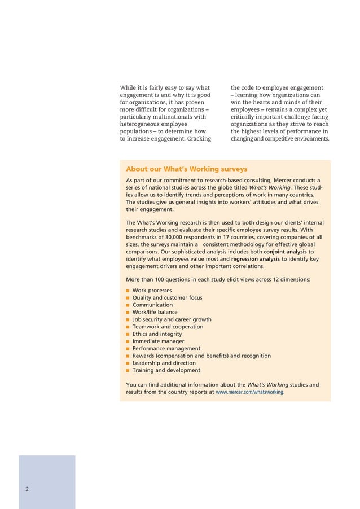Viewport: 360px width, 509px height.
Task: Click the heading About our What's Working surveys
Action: tap(186, 169)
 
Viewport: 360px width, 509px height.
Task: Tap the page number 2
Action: tap(27, 489)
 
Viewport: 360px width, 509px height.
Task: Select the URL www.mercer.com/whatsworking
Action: tap(249, 393)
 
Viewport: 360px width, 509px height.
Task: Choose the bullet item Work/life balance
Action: tap(155, 312)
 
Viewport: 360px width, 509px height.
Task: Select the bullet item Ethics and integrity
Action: tap(157, 334)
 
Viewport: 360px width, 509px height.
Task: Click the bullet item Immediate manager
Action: tap(158, 341)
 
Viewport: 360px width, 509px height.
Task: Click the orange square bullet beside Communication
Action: tap(128, 305)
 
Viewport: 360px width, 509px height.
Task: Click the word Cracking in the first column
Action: tap(195, 138)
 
